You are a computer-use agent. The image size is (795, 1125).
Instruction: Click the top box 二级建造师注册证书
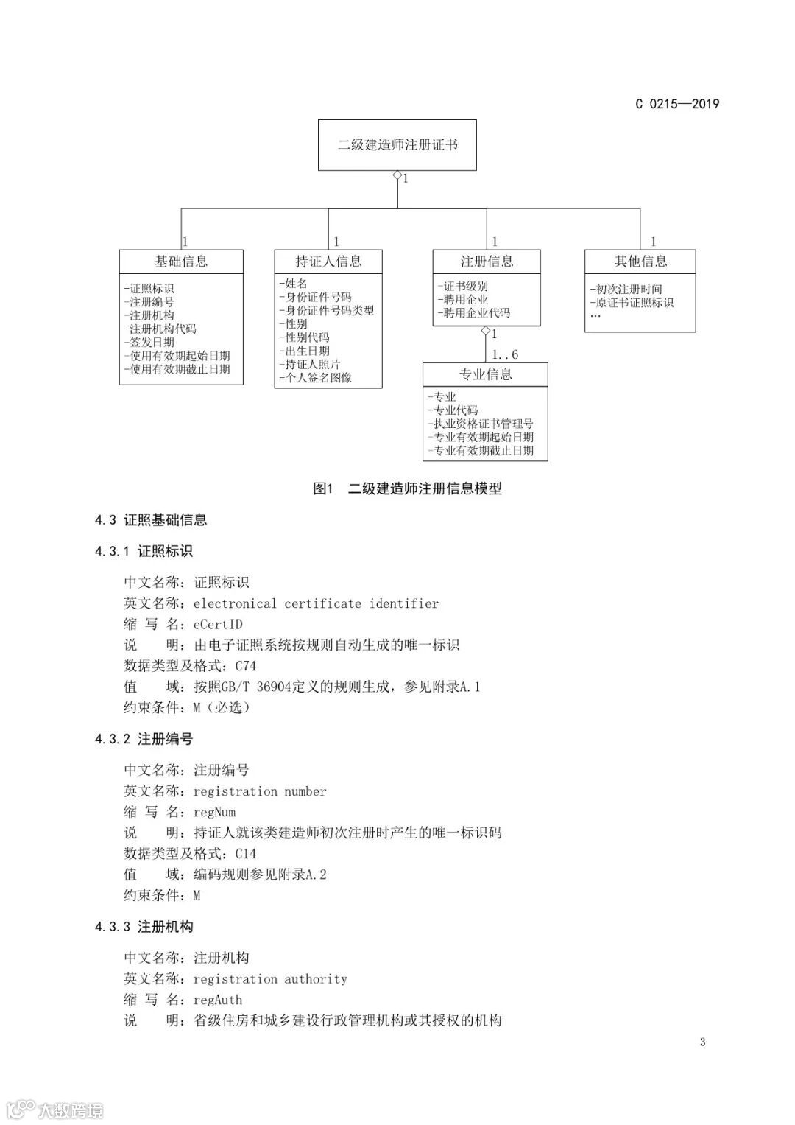(x=397, y=145)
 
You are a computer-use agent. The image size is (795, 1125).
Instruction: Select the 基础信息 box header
(x=181, y=262)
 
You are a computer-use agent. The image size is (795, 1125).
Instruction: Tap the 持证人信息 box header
(x=328, y=262)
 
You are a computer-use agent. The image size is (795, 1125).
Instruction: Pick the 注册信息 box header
(x=487, y=262)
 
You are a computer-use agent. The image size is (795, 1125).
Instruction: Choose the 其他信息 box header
(x=640, y=262)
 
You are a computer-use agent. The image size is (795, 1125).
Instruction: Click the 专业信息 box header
(x=485, y=374)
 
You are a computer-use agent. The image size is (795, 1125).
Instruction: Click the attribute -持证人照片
(x=310, y=364)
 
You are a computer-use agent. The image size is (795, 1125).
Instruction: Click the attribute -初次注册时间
(x=626, y=289)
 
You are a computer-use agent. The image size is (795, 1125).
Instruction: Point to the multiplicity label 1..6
(x=505, y=354)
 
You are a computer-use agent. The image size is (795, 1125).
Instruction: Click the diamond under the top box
(x=397, y=176)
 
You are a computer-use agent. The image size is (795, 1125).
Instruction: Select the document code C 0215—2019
(x=677, y=104)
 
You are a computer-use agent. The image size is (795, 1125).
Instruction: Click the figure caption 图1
(x=324, y=488)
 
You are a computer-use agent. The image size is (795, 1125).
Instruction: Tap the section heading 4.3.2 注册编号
(x=144, y=739)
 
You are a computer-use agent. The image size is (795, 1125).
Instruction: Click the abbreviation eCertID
(x=218, y=625)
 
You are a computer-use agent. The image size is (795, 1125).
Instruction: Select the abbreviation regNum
(x=214, y=812)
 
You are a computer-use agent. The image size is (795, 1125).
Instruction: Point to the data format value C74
(x=246, y=666)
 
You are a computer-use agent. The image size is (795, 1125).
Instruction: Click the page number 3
(x=702, y=1042)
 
